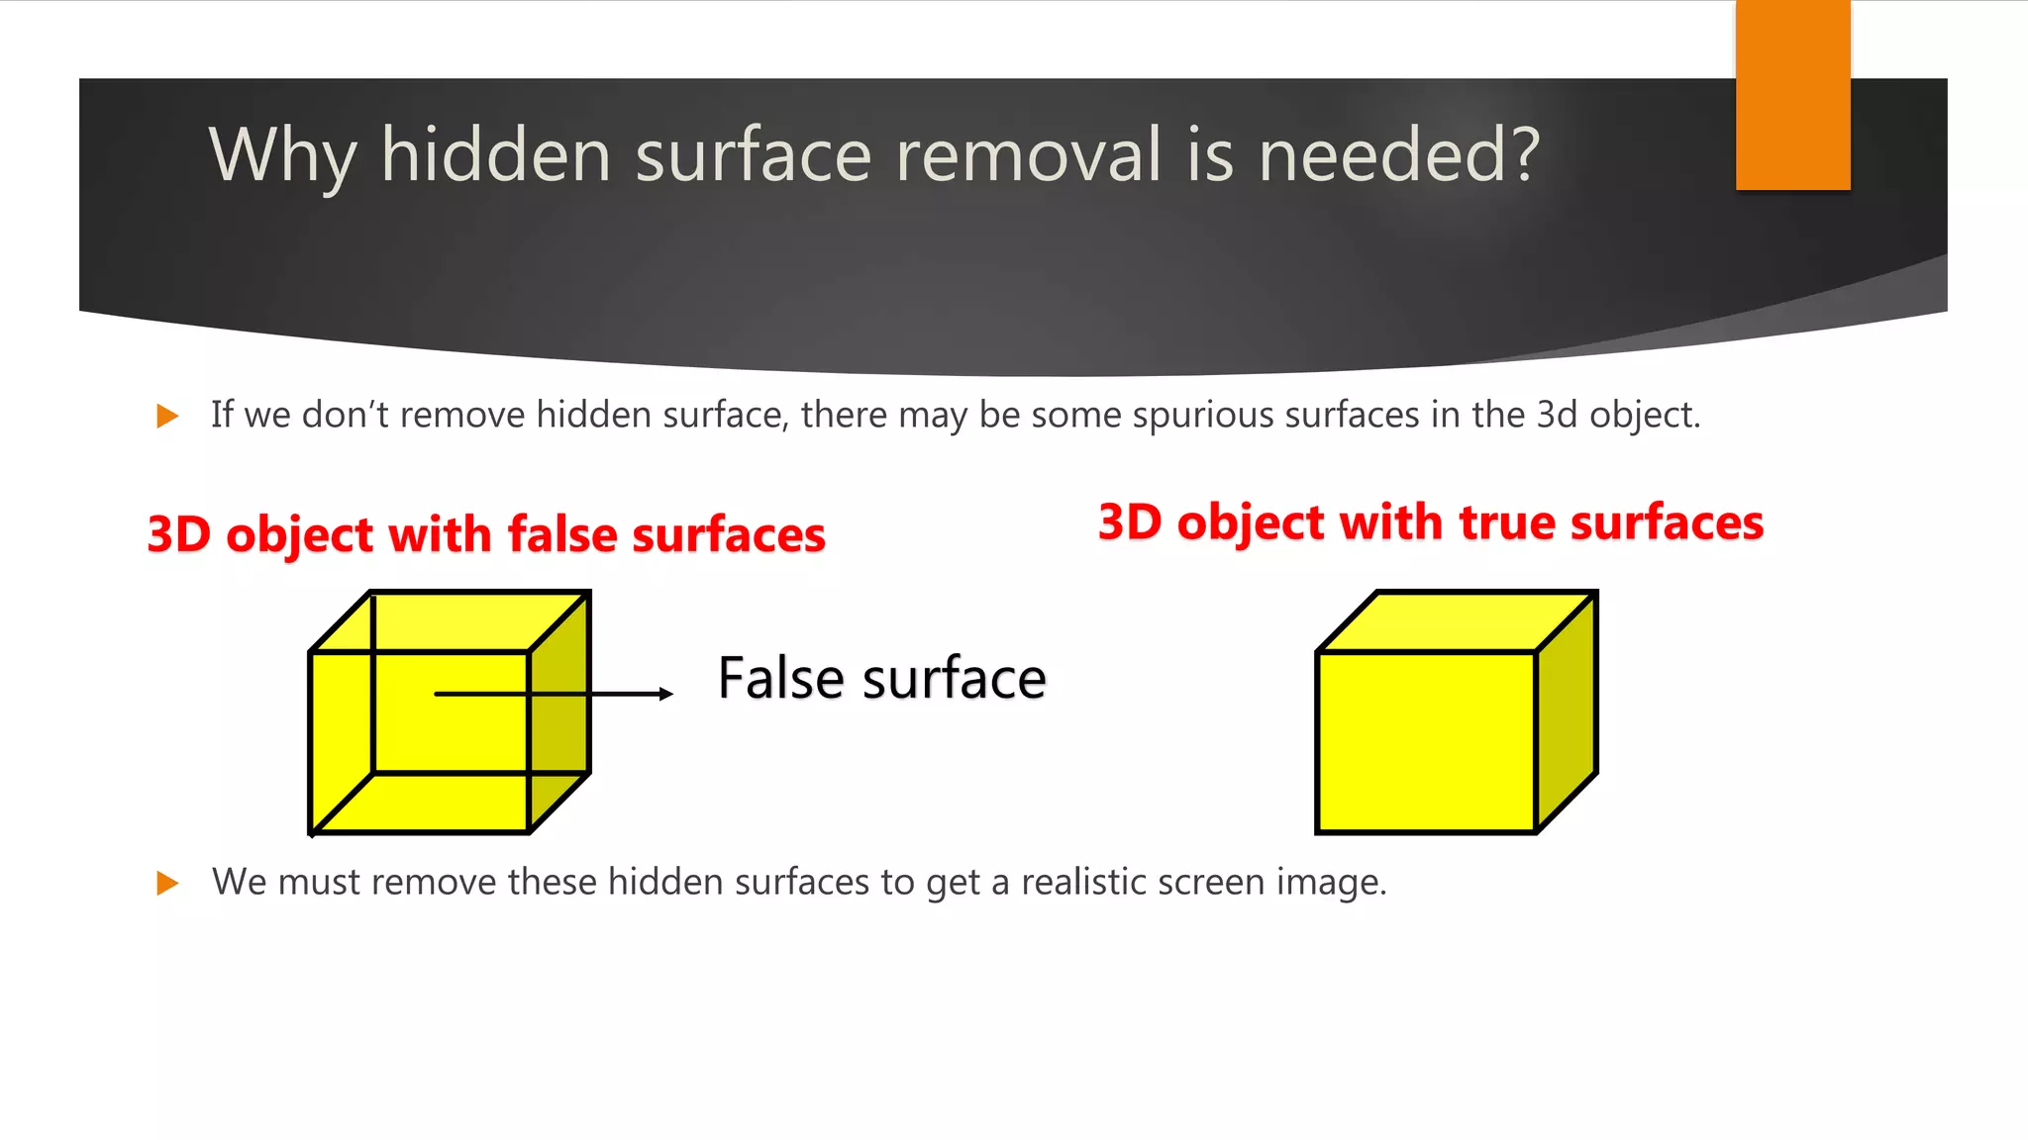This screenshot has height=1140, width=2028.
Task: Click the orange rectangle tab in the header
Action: (1792, 95)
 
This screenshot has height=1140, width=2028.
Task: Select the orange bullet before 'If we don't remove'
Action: (167, 416)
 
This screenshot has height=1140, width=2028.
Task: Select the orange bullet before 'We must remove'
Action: (167, 883)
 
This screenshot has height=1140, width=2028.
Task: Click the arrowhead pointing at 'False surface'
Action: (665, 694)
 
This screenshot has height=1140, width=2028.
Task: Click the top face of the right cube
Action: (1456, 622)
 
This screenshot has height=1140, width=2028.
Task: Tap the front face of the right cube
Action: (1426, 741)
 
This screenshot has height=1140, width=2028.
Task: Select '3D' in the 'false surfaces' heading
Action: (178, 534)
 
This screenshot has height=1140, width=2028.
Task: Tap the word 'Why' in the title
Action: (282, 155)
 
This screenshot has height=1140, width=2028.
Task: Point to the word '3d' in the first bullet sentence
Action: (1557, 415)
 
